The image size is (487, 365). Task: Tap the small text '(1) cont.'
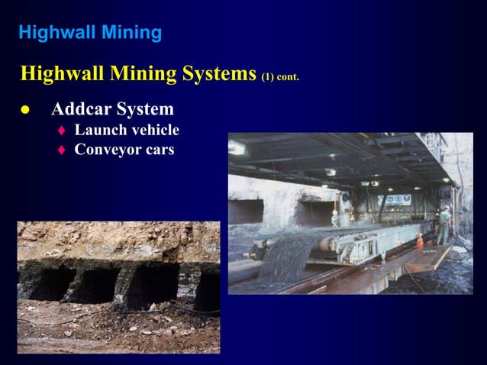pyautogui.click(x=280, y=76)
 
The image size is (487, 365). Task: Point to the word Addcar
pyautogui.click(x=82, y=109)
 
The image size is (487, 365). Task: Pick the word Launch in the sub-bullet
pyautogui.click(x=98, y=130)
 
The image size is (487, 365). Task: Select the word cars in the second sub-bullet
pyautogui.click(x=159, y=150)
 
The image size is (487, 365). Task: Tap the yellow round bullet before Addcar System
pyautogui.click(x=25, y=110)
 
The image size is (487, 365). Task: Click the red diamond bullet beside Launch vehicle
pyautogui.click(x=62, y=131)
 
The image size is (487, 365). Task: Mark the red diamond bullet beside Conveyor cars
pyautogui.click(x=62, y=150)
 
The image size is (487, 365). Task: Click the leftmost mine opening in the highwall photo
pyautogui.click(x=50, y=283)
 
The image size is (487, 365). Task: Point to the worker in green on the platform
pyautogui.click(x=444, y=225)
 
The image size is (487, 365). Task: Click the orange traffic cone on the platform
pyautogui.click(x=419, y=240)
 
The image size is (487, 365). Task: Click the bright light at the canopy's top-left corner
pyautogui.click(x=236, y=147)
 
